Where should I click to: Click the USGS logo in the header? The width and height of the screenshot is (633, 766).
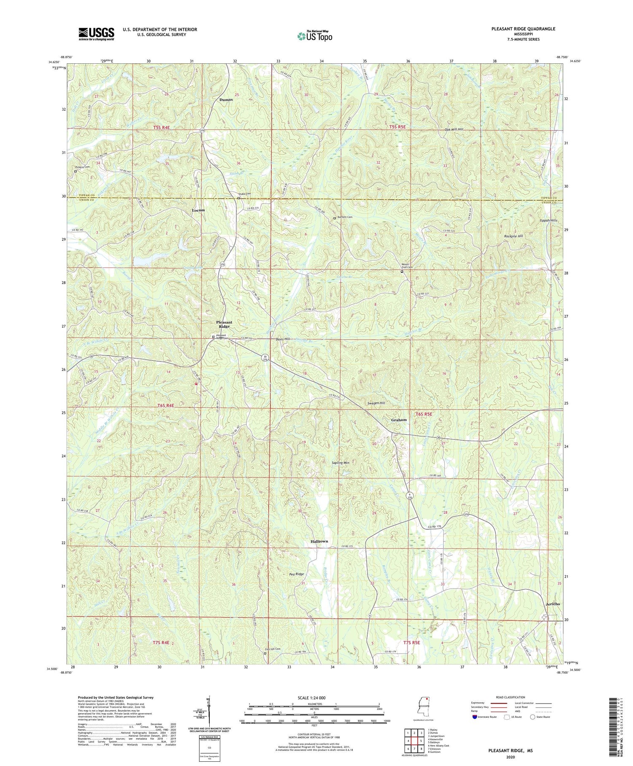click(x=96, y=34)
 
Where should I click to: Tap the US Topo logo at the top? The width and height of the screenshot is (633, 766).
click(x=315, y=36)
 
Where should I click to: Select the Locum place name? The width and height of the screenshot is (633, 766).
click(x=198, y=210)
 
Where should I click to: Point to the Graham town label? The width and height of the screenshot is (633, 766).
click(x=399, y=420)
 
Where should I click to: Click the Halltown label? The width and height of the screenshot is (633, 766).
click(x=319, y=541)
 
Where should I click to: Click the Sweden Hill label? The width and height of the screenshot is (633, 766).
click(x=376, y=403)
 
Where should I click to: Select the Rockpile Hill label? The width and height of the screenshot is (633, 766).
click(x=513, y=236)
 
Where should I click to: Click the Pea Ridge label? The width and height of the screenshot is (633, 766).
click(x=297, y=574)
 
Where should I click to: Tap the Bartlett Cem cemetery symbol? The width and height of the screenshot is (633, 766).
click(x=335, y=218)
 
